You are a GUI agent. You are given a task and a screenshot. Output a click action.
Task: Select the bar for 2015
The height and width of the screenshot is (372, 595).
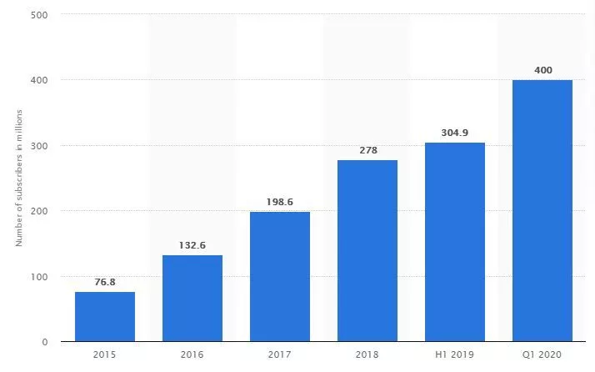click(x=105, y=317)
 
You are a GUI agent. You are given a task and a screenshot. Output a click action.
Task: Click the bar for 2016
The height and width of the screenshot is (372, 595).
click(x=192, y=299)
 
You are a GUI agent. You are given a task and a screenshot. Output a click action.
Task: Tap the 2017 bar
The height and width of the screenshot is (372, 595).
click(x=280, y=277)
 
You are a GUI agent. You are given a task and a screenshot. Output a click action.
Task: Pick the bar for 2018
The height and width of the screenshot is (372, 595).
click(x=367, y=251)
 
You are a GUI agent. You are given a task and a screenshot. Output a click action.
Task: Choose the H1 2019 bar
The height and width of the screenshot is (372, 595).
click(x=455, y=242)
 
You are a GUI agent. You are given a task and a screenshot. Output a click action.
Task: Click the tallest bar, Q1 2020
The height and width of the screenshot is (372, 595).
click(x=542, y=211)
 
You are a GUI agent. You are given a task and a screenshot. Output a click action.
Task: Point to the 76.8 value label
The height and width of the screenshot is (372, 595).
click(x=105, y=282)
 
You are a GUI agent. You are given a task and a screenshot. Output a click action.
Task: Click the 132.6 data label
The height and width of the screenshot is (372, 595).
click(x=192, y=245)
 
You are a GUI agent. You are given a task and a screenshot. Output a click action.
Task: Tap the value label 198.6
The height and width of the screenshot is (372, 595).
click(x=280, y=202)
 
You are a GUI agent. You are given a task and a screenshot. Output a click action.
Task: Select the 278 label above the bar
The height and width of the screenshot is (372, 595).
click(x=367, y=150)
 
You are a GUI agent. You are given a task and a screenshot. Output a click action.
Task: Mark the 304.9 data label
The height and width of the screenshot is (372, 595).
click(x=455, y=133)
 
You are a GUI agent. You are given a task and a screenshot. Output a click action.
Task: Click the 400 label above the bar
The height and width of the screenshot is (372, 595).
click(x=542, y=70)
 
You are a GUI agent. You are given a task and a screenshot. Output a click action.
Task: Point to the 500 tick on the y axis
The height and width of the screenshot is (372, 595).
click(x=39, y=15)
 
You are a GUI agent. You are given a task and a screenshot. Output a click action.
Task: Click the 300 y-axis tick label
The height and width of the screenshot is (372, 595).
click(x=39, y=146)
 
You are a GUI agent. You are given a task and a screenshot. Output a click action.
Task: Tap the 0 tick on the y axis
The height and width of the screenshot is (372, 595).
click(x=44, y=342)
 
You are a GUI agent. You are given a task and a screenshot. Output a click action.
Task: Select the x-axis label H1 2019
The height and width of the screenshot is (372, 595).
click(x=455, y=355)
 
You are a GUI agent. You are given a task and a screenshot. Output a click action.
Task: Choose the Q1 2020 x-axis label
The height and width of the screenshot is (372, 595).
click(x=542, y=355)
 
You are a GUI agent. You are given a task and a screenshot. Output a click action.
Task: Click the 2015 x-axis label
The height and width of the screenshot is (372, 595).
click(x=105, y=355)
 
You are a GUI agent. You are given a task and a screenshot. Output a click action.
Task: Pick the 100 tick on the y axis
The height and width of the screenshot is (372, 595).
click(x=39, y=277)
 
